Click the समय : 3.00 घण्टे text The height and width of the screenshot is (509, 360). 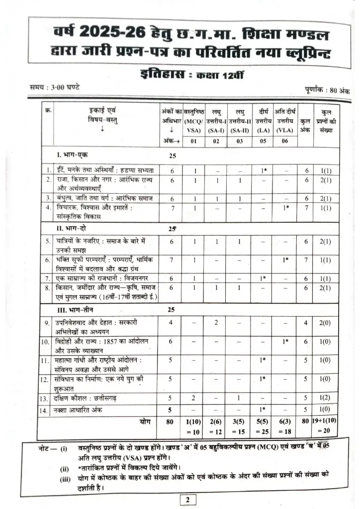[55, 88]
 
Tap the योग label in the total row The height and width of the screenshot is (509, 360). [145, 421]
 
